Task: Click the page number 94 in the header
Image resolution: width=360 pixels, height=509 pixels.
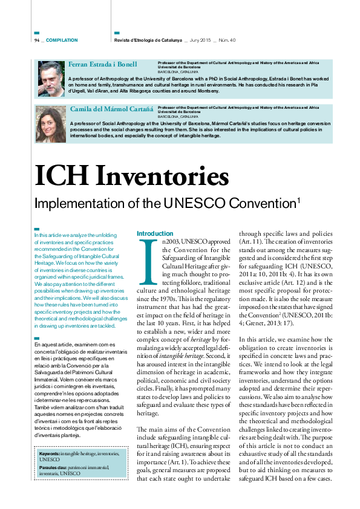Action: click(x=37, y=40)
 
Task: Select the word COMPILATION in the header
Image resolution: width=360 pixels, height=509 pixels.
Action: click(x=62, y=40)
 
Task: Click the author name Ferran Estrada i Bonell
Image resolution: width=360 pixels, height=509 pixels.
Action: click(x=102, y=64)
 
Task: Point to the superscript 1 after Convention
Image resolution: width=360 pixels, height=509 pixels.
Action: click(x=299, y=199)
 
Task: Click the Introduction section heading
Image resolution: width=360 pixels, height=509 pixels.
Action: click(x=155, y=233)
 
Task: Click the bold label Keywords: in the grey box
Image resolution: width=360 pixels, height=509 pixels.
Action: click(x=49, y=452)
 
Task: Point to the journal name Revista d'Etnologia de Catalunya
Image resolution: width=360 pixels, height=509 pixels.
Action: click(x=148, y=40)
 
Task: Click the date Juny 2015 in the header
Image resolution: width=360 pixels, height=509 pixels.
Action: click(x=201, y=40)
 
